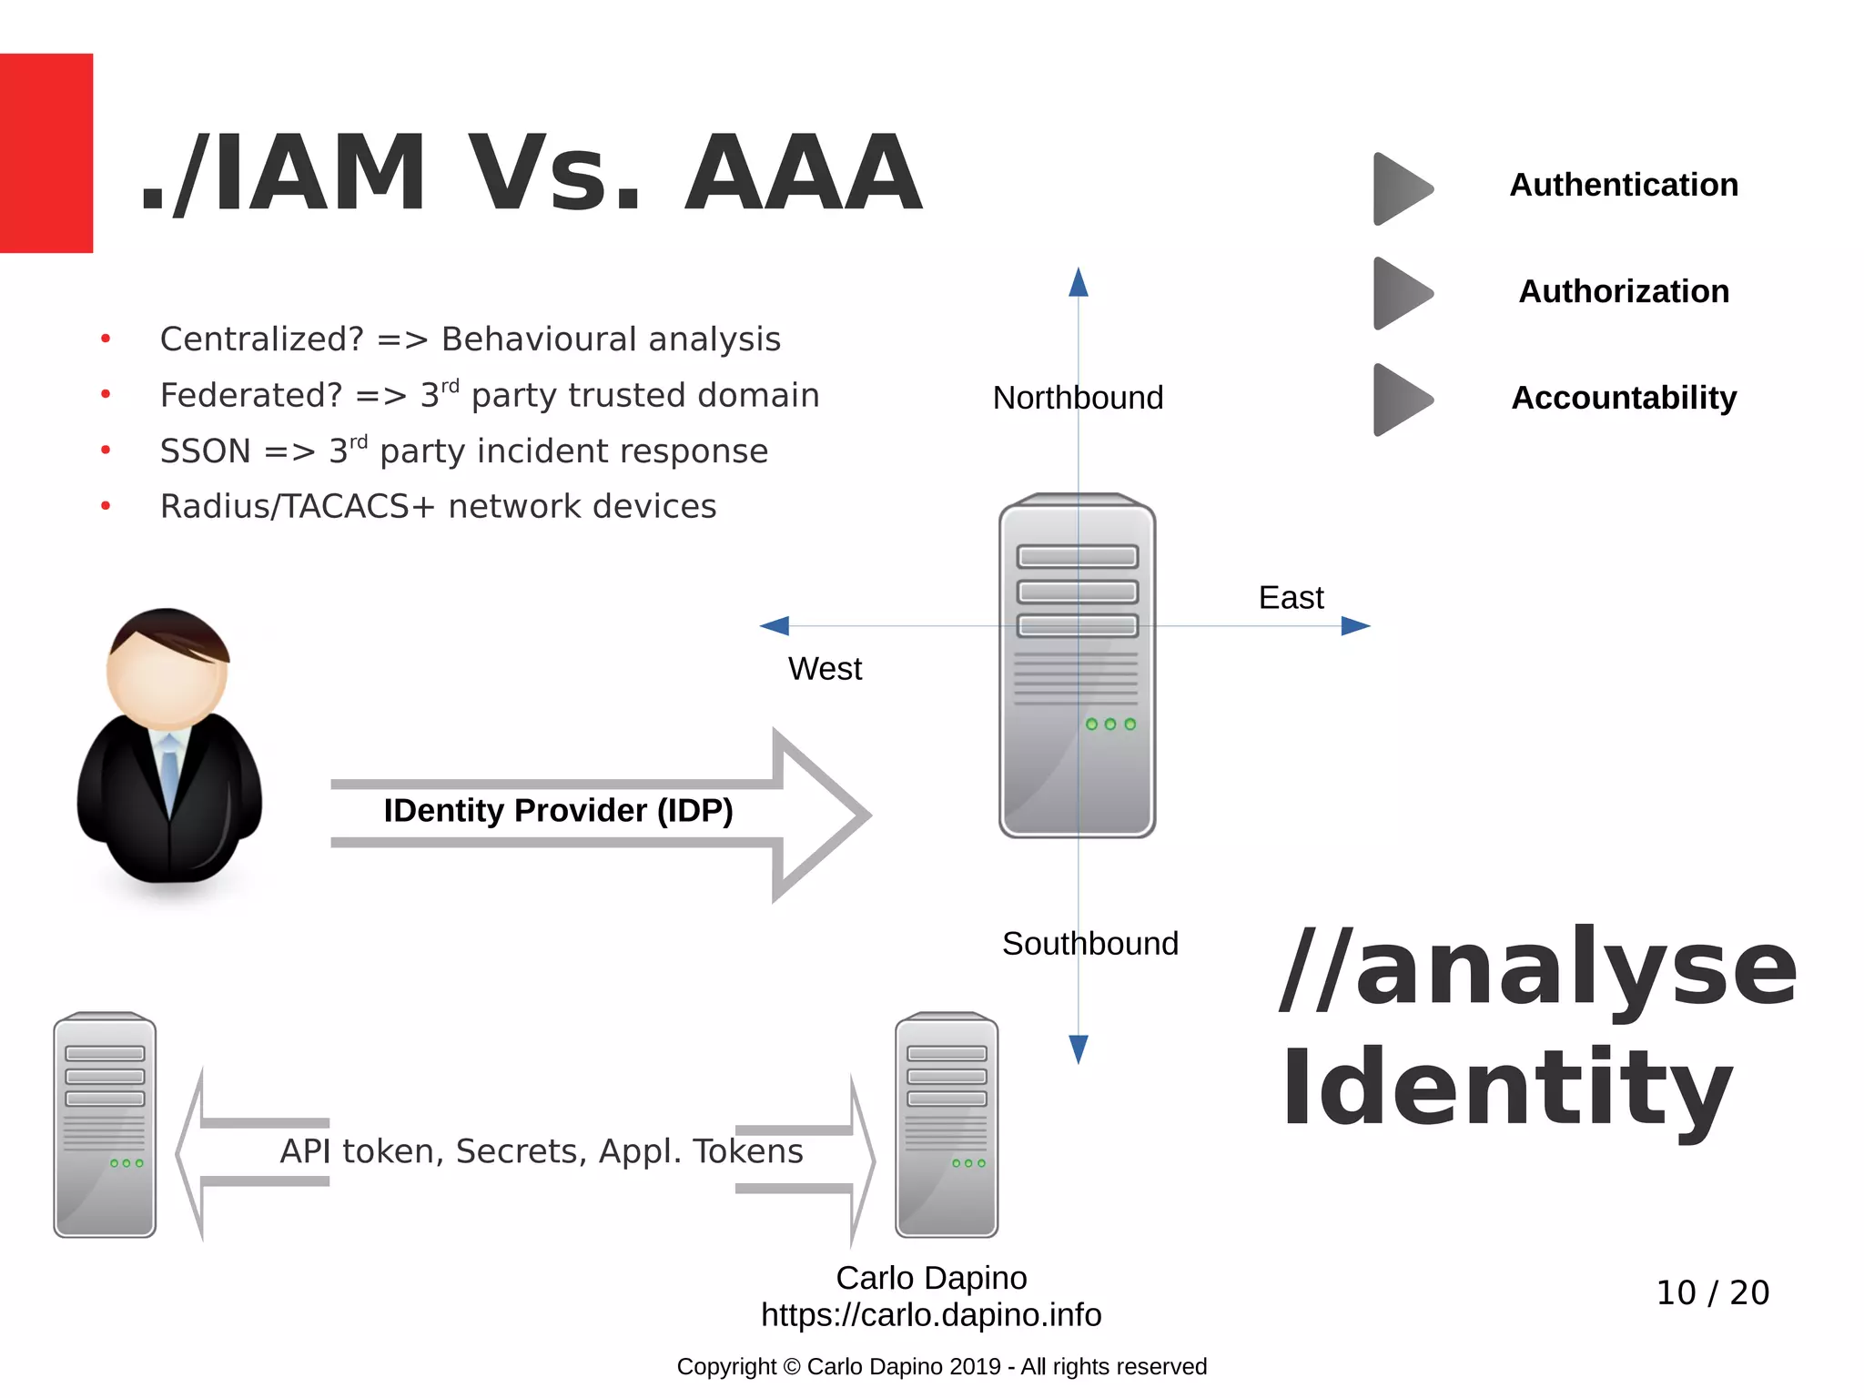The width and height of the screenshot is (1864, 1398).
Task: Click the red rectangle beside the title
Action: pyautogui.click(x=46, y=153)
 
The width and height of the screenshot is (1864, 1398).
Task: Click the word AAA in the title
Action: pyautogui.click(x=803, y=173)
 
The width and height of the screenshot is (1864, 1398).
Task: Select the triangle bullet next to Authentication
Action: pyautogui.click(x=1402, y=188)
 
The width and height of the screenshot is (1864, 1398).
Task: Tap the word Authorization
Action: pyautogui.click(x=1624, y=291)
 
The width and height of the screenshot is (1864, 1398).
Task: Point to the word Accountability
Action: pyautogui.click(x=1624, y=398)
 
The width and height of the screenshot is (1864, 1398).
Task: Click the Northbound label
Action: pyautogui.click(x=1078, y=398)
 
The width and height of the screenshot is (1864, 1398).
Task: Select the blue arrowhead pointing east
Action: pyautogui.click(x=1355, y=626)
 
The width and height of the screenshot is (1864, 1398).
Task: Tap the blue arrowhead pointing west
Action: pyautogui.click(x=775, y=626)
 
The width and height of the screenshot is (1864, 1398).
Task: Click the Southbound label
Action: pyautogui.click(x=1089, y=944)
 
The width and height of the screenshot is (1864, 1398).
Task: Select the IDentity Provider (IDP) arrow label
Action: pyautogui.click(x=558, y=810)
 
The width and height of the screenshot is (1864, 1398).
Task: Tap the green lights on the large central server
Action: pyautogui.click(x=1110, y=724)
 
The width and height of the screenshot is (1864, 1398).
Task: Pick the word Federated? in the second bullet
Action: pyautogui.click(x=251, y=395)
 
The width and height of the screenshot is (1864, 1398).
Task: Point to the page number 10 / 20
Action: pyautogui.click(x=1712, y=1292)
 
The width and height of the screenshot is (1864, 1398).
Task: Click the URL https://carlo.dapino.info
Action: pyautogui.click(x=931, y=1315)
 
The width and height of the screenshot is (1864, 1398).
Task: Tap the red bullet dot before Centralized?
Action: pyautogui.click(x=106, y=339)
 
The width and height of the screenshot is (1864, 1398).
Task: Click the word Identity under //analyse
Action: pyautogui.click(x=1506, y=1088)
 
